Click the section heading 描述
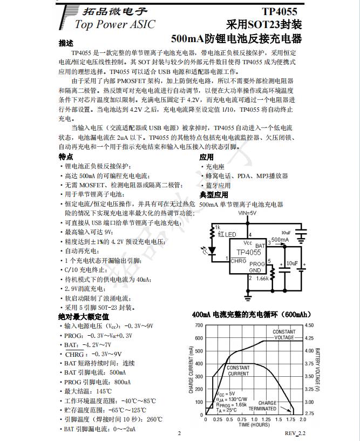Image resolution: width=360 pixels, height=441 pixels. click(66, 43)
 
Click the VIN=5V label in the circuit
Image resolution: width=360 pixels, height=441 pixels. click(247, 213)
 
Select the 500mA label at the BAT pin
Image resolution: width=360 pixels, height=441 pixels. click(280, 239)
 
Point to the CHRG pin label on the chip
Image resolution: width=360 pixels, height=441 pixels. click(238, 261)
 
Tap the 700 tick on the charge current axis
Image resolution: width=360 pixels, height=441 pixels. click(198, 325)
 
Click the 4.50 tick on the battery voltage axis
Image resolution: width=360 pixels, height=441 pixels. click(309, 325)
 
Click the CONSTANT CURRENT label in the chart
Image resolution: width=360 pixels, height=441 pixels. click(239, 370)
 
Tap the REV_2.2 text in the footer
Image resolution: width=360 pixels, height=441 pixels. click(295, 433)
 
